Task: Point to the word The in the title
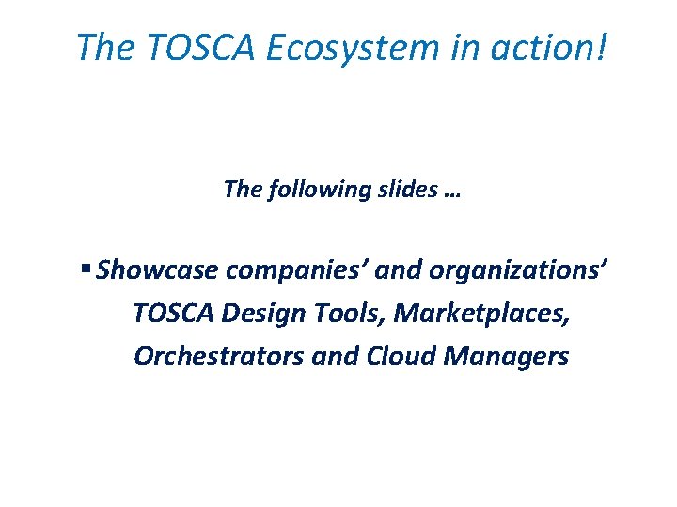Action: pyautogui.click(x=105, y=47)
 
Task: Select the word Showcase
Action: pyautogui.click(x=158, y=271)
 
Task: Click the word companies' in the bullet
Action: pyautogui.click(x=302, y=271)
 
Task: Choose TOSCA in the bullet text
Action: pyautogui.click(x=174, y=314)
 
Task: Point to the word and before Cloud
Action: pyautogui.click(x=318, y=357)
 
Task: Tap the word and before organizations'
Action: pyautogui.click(x=404, y=271)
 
